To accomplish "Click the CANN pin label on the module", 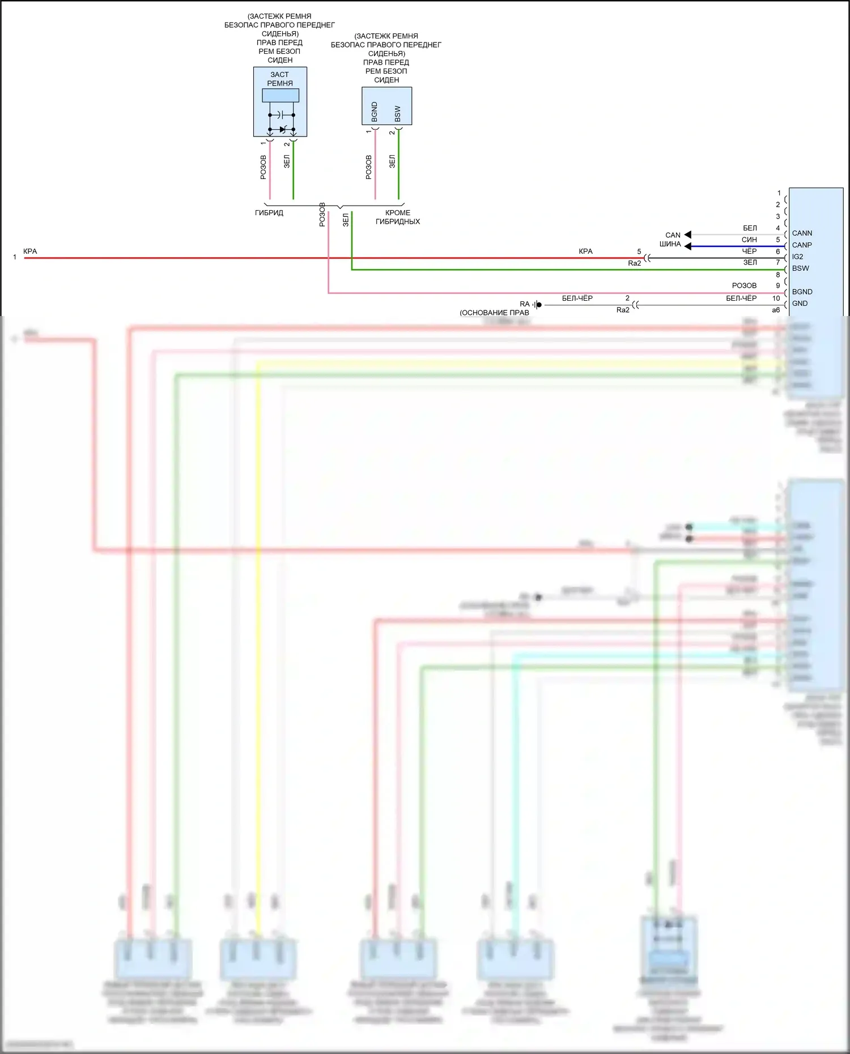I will click(x=802, y=233).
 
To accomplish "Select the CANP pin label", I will click(x=802, y=245).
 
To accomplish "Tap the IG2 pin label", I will click(x=797, y=257).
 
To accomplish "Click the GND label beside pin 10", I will click(x=800, y=304).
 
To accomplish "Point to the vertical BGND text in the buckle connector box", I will click(x=375, y=112).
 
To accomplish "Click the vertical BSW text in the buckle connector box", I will click(x=398, y=113).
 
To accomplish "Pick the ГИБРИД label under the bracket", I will click(x=269, y=213).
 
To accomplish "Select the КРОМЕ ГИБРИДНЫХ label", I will click(x=398, y=217).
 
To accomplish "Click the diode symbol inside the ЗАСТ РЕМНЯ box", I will click(x=283, y=130).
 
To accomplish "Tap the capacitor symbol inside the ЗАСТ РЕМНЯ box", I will click(x=282, y=115).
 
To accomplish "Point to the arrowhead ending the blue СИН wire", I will click(x=687, y=246).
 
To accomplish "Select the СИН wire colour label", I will click(x=749, y=240).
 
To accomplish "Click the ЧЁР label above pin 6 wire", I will click(x=749, y=251).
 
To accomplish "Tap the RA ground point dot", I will click(x=539, y=305).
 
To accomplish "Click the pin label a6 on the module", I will click(x=776, y=310).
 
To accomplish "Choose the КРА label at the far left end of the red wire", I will click(x=30, y=251).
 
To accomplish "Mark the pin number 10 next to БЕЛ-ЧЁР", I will click(x=776, y=298).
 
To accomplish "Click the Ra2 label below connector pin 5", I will click(x=635, y=263).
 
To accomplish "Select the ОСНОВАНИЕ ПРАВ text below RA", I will click(x=495, y=313).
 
